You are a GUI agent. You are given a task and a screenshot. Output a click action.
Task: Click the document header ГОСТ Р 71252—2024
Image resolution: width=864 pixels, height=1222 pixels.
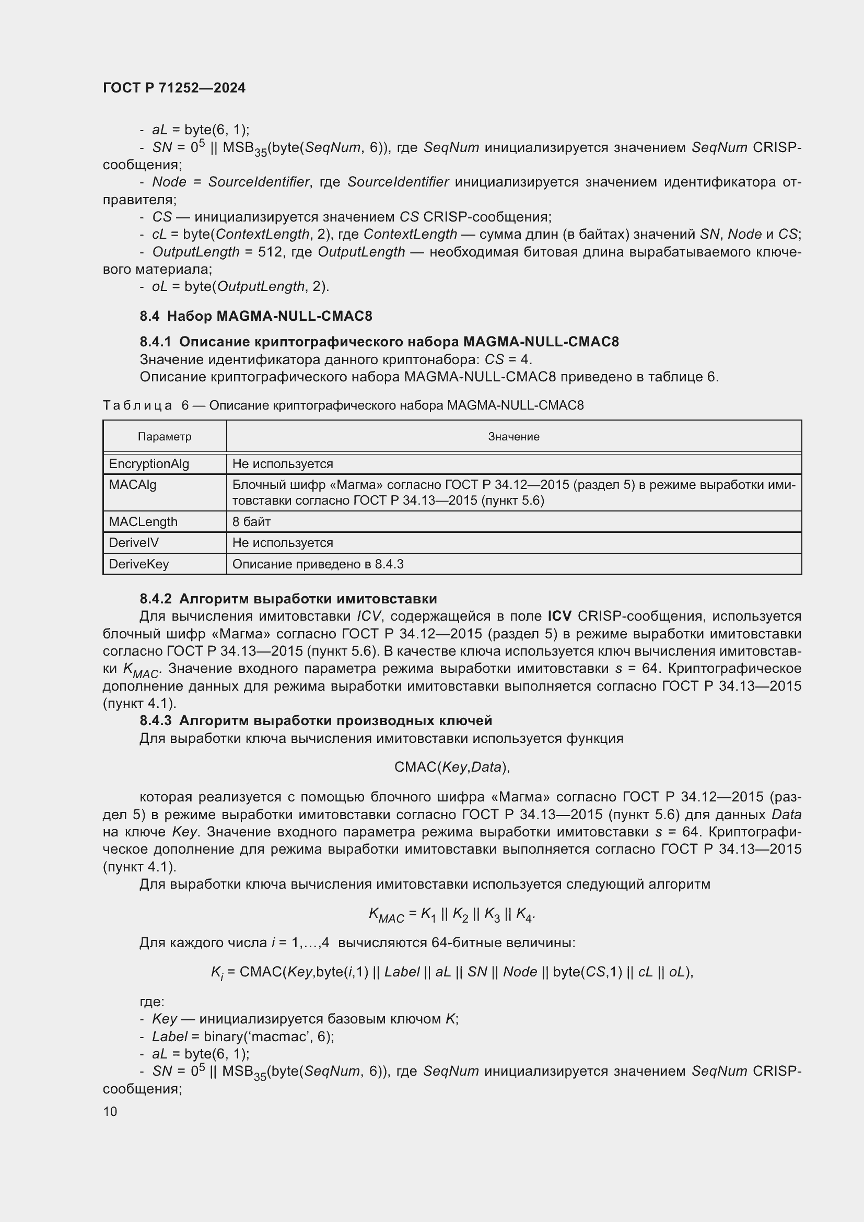coord(174,88)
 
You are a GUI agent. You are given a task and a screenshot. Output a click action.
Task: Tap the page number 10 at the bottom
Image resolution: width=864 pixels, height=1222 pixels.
coord(110,1111)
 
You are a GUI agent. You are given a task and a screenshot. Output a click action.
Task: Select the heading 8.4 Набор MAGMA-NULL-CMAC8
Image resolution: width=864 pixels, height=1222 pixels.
coord(256,316)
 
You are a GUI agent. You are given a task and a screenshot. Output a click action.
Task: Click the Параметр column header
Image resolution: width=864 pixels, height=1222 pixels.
coord(165,437)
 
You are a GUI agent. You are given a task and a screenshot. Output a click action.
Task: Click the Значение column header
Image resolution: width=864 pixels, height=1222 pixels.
coord(513,437)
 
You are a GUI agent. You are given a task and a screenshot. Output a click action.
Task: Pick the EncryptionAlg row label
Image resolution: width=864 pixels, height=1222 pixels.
coord(149,464)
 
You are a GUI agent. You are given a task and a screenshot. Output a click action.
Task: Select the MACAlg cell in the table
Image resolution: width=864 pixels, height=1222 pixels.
coord(133,485)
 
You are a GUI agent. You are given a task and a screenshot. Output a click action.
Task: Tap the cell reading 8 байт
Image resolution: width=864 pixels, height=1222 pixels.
coord(251,522)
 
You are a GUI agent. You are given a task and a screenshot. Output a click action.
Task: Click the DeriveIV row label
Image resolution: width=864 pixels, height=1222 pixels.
coord(134,543)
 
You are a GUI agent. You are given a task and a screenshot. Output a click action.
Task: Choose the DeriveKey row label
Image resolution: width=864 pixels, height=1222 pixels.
coord(139,564)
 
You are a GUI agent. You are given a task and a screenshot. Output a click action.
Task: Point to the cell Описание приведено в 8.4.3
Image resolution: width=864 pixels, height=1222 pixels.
coord(318,564)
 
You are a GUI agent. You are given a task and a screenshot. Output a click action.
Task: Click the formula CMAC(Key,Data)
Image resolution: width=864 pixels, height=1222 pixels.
coord(452,767)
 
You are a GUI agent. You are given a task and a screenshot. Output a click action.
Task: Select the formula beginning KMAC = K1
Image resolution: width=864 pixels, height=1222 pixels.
coord(452,914)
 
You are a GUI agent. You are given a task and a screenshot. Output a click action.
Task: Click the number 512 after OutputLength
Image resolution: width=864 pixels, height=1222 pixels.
coord(270,252)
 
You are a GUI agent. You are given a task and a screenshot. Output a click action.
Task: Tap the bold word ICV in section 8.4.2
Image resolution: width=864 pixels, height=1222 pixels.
coord(559,616)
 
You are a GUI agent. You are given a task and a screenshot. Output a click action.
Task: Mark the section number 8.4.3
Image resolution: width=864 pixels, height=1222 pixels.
coord(155,720)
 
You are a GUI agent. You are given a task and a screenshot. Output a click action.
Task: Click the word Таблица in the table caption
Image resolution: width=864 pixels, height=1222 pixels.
coord(137,405)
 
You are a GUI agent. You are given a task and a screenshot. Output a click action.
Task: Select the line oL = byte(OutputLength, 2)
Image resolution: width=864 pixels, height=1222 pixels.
coord(240,287)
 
